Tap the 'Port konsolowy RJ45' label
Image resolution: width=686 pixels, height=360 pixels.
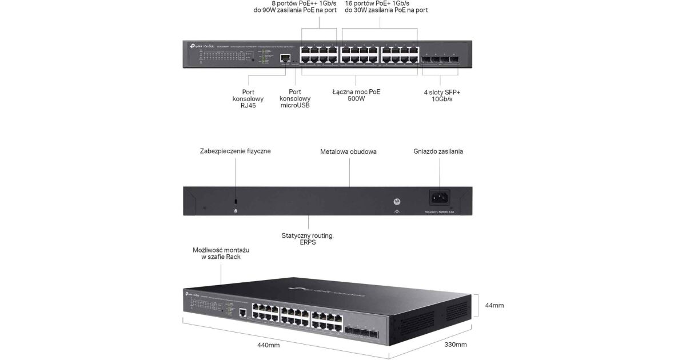(x=248, y=98)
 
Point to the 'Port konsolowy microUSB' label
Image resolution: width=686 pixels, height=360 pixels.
(x=295, y=98)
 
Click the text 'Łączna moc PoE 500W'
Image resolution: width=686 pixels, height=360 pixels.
(x=356, y=95)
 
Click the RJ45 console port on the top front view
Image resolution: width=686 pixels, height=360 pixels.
(x=284, y=58)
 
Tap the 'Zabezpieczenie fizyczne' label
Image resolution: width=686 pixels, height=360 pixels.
(x=235, y=151)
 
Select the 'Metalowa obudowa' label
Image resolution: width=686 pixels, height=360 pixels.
(x=348, y=151)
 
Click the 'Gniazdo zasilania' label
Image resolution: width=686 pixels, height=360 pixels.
(x=438, y=151)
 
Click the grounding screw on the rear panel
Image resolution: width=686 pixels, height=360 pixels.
(x=397, y=202)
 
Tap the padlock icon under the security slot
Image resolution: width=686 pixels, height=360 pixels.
(x=235, y=211)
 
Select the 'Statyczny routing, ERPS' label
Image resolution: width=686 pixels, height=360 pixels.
(x=308, y=238)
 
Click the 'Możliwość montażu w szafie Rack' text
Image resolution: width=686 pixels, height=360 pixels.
(x=221, y=254)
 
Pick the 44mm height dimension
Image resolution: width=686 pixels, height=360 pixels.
(x=494, y=306)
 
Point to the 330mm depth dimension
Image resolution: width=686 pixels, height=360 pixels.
(x=456, y=345)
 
